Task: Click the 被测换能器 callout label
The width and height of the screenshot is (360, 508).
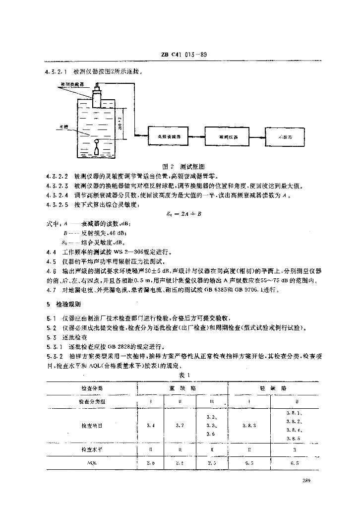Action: pos(71,85)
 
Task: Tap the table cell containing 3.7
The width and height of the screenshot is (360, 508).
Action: pos(180,426)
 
